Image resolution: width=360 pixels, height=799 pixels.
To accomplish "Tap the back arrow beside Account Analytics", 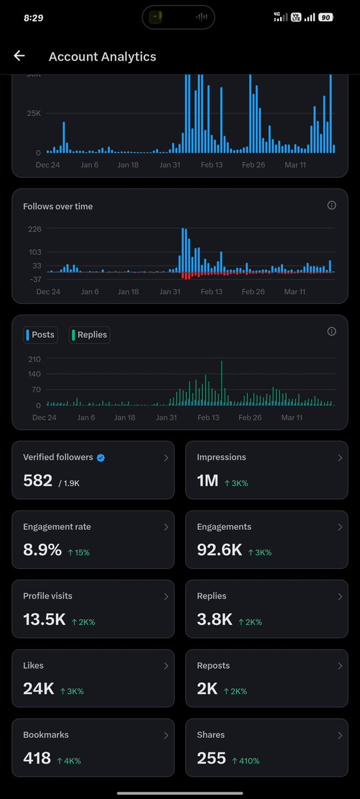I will pos(19,56).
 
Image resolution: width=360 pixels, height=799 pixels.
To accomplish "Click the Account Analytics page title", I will pos(102,57).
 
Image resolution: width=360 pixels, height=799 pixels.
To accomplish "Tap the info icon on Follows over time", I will pos(331,205).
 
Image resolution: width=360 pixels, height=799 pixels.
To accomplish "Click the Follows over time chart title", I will pos(58,207).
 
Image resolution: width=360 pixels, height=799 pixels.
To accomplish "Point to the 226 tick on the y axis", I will pos(34,229).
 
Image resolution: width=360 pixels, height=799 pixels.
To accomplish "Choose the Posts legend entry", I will pos(40,335).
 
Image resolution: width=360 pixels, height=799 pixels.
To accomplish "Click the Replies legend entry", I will pos(89,335).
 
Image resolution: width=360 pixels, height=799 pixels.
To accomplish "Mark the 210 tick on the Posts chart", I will pos(34,359).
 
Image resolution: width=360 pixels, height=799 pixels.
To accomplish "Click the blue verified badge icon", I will pos(101,458).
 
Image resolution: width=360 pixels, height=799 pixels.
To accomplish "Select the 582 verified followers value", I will pos(37,480).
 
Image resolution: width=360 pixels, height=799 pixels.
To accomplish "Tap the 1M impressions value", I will pos(207,480).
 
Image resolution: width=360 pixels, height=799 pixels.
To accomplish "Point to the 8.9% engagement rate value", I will pos(42,550).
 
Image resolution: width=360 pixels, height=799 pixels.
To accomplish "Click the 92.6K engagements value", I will pos(219,550).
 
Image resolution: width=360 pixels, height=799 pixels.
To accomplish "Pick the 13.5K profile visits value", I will pos(44,620).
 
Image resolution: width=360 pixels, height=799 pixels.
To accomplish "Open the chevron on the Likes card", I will pos(166,666).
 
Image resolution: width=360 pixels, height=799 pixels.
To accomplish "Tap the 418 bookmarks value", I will pos(38,758).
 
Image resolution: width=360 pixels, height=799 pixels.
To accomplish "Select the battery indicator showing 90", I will pos(325,17).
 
